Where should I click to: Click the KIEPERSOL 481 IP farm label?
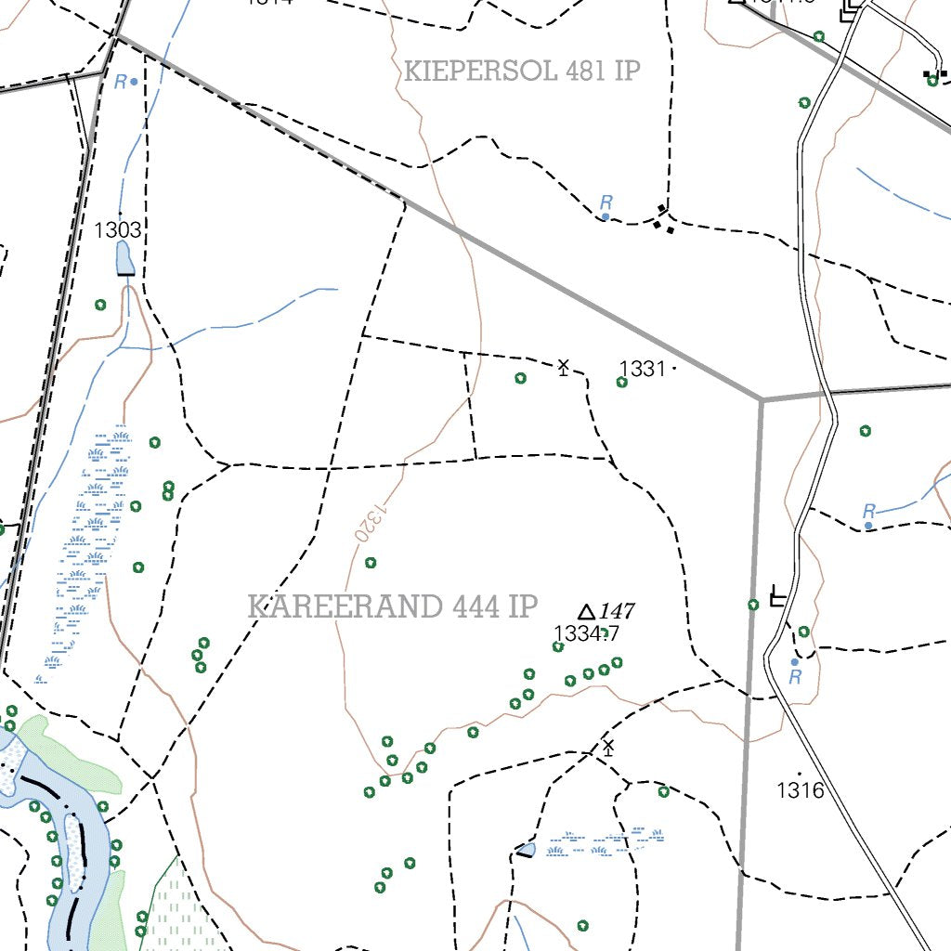pyautogui.click(x=523, y=72)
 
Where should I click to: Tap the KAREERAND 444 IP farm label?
pyautogui.click(x=393, y=606)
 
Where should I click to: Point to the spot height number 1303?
pyautogui.click(x=118, y=229)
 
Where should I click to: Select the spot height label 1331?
pyautogui.click(x=643, y=369)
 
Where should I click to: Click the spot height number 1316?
pyautogui.click(x=801, y=790)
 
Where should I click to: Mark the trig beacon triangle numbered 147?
pyautogui.click(x=586, y=613)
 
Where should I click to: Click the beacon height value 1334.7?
pyautogui.click(x=586, y=634)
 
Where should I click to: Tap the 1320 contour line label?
pyautogui.click(x=365, y=522)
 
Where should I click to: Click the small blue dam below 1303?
pyautogui.click(x=124, y=259)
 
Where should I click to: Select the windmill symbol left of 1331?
pyautogui.click(x=563, y=367)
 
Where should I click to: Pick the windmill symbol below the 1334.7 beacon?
pyautogui.click(x=608, y=748)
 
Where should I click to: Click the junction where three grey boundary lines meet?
pyautogui.click(x=762, y=399)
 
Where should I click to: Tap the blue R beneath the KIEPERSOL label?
pyautogui.click(x=606, y=202)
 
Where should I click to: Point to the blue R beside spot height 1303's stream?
pyautogui.click(x=121, y=82)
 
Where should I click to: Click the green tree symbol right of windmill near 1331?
pyautogui.click(x=622, y=382)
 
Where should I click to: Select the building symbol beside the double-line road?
pyautogui.click(x=778, y=597)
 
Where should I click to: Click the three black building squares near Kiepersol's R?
pyautogui.click(x=663, y=220)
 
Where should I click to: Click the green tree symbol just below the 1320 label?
pyautogui.click(x=371, y=563)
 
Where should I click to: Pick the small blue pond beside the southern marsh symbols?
pyautogui.click(x=527, y=849)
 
